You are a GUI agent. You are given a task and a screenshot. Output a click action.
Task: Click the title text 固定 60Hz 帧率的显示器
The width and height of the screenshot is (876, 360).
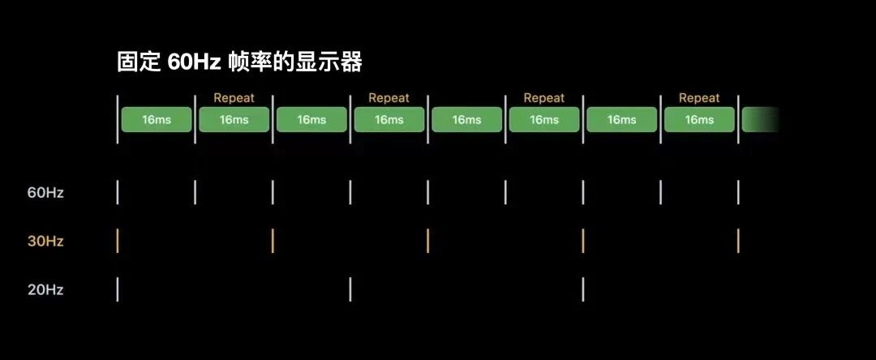coord(239,63)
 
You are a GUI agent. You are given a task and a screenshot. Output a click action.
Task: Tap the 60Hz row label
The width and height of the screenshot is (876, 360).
coord(45,193)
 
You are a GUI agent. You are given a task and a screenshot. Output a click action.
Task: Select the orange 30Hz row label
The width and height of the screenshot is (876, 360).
coord(45,241)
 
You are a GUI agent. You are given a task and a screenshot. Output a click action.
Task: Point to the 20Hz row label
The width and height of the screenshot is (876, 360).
coord(45,289)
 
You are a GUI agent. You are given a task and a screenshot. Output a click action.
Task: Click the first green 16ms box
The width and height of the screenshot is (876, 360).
coord(157,119)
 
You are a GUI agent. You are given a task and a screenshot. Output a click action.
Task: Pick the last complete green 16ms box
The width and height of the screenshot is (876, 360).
coord(699,119)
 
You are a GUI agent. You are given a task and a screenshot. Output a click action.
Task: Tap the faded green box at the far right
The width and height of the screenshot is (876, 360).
coord(761,119)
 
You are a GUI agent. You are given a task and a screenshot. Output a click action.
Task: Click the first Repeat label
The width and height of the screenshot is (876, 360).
coord(234,98)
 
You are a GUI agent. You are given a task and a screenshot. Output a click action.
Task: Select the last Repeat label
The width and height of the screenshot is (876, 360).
coord(699,98)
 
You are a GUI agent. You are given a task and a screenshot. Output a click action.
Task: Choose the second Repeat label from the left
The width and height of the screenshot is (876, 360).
coord(389,98)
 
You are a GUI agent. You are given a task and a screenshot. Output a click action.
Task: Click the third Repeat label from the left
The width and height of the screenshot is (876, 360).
coord(544,98)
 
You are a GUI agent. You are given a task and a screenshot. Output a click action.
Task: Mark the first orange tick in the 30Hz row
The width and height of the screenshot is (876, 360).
coord(118,241)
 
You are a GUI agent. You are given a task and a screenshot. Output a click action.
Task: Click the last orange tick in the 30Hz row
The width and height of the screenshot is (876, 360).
coord(738,241)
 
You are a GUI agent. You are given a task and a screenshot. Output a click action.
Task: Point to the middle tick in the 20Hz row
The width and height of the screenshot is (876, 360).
coord(350,289)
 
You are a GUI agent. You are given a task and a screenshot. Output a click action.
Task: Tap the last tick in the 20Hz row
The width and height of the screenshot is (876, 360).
coord(583,289)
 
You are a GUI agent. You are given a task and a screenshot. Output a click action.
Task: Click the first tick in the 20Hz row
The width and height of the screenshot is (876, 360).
coord(118,289)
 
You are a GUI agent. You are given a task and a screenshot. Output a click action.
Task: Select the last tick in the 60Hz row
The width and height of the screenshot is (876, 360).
coord(738,193)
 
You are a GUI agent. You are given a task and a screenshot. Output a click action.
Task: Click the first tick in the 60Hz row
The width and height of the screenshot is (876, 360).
coord(118,193)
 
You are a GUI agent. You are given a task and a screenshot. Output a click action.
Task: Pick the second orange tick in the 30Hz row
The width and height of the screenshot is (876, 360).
coord(273,241)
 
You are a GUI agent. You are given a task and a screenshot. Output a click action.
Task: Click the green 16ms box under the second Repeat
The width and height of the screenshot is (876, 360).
coord(389,119)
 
